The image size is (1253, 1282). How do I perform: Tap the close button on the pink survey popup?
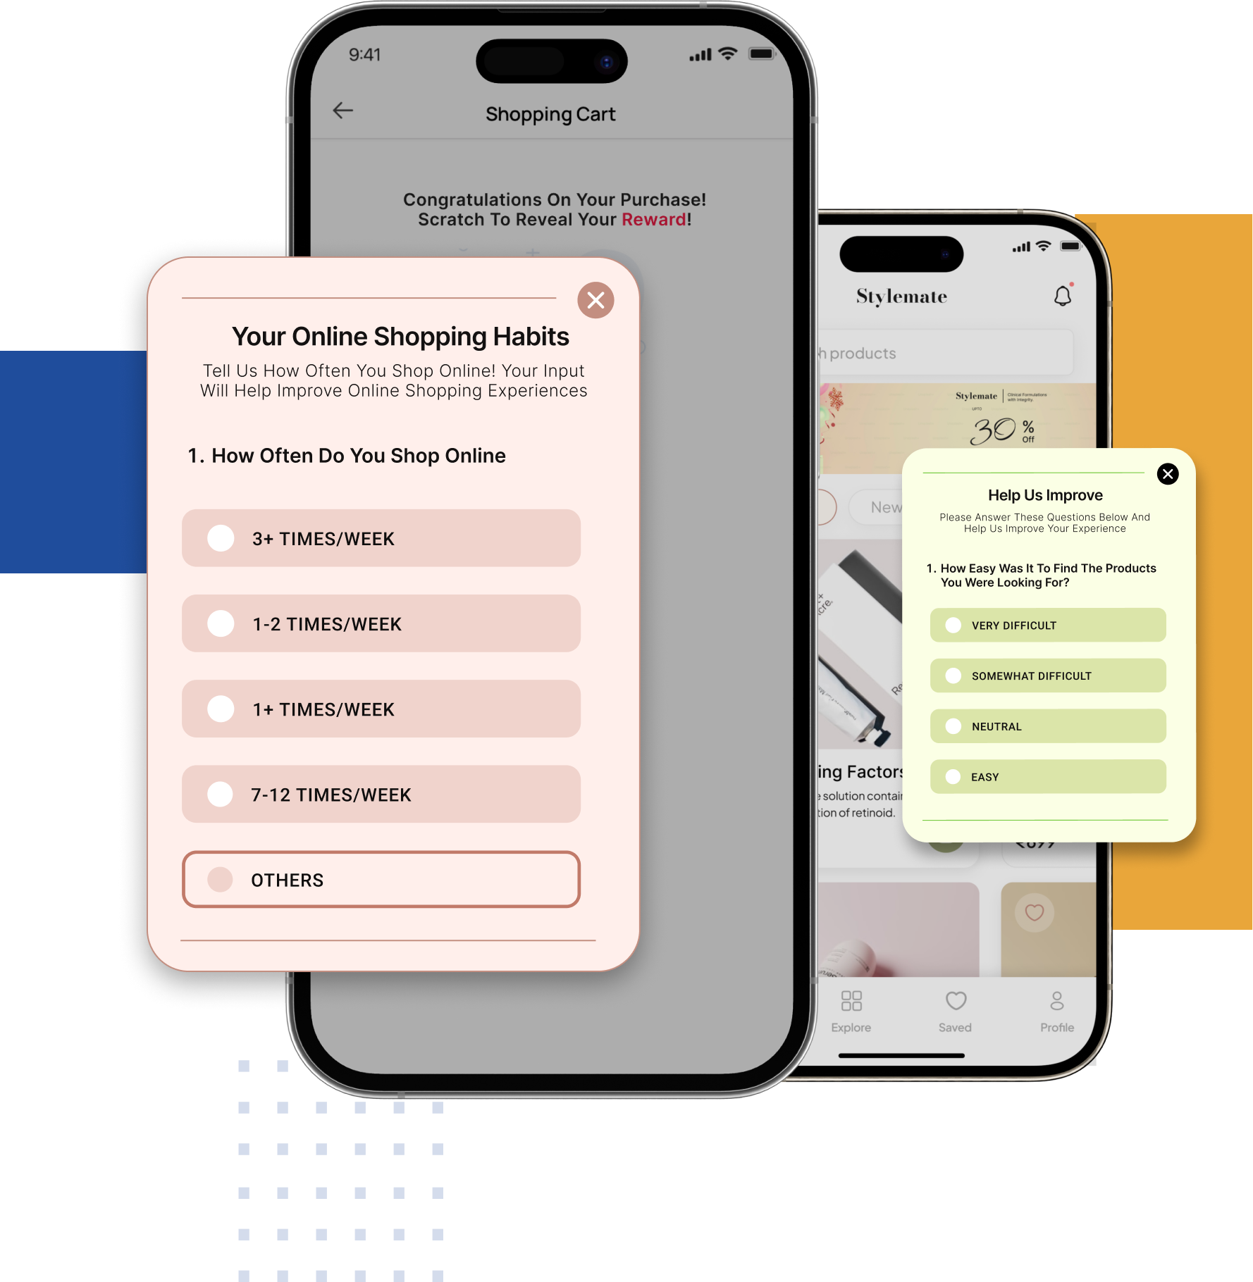coord(595,300)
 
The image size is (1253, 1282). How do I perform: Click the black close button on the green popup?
coord(1168,474)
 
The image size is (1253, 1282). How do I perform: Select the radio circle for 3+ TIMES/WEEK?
coord(221,538)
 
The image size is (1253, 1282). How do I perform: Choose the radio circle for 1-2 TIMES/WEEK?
coord(221,623)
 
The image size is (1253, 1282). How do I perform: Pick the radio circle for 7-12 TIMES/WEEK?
coord(221,794)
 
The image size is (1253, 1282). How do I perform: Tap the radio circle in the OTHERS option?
coord(221,879)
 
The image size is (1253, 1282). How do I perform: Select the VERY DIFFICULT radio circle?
coord(953,626)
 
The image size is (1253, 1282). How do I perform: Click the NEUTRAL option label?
coord(996,726)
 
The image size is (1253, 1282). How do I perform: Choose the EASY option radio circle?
coord(953,777)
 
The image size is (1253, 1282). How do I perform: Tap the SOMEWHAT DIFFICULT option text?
coord(1031,676)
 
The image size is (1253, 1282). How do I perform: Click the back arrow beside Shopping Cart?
coord(343,111)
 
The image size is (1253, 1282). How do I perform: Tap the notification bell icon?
coord(1063,296)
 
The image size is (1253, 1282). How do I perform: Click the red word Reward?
coord(654,220)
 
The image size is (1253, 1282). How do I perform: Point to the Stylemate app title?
coord(901,297)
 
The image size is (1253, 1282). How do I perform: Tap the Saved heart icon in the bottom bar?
coord(956,1001)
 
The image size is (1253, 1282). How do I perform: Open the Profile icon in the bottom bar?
coord(1057,1001)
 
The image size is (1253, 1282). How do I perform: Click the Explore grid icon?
coord(851,1001)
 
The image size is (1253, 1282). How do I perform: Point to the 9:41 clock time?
coord(365,55)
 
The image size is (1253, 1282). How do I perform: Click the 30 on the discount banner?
coord(993,430)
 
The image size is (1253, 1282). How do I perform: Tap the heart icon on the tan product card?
coord(1034,912)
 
